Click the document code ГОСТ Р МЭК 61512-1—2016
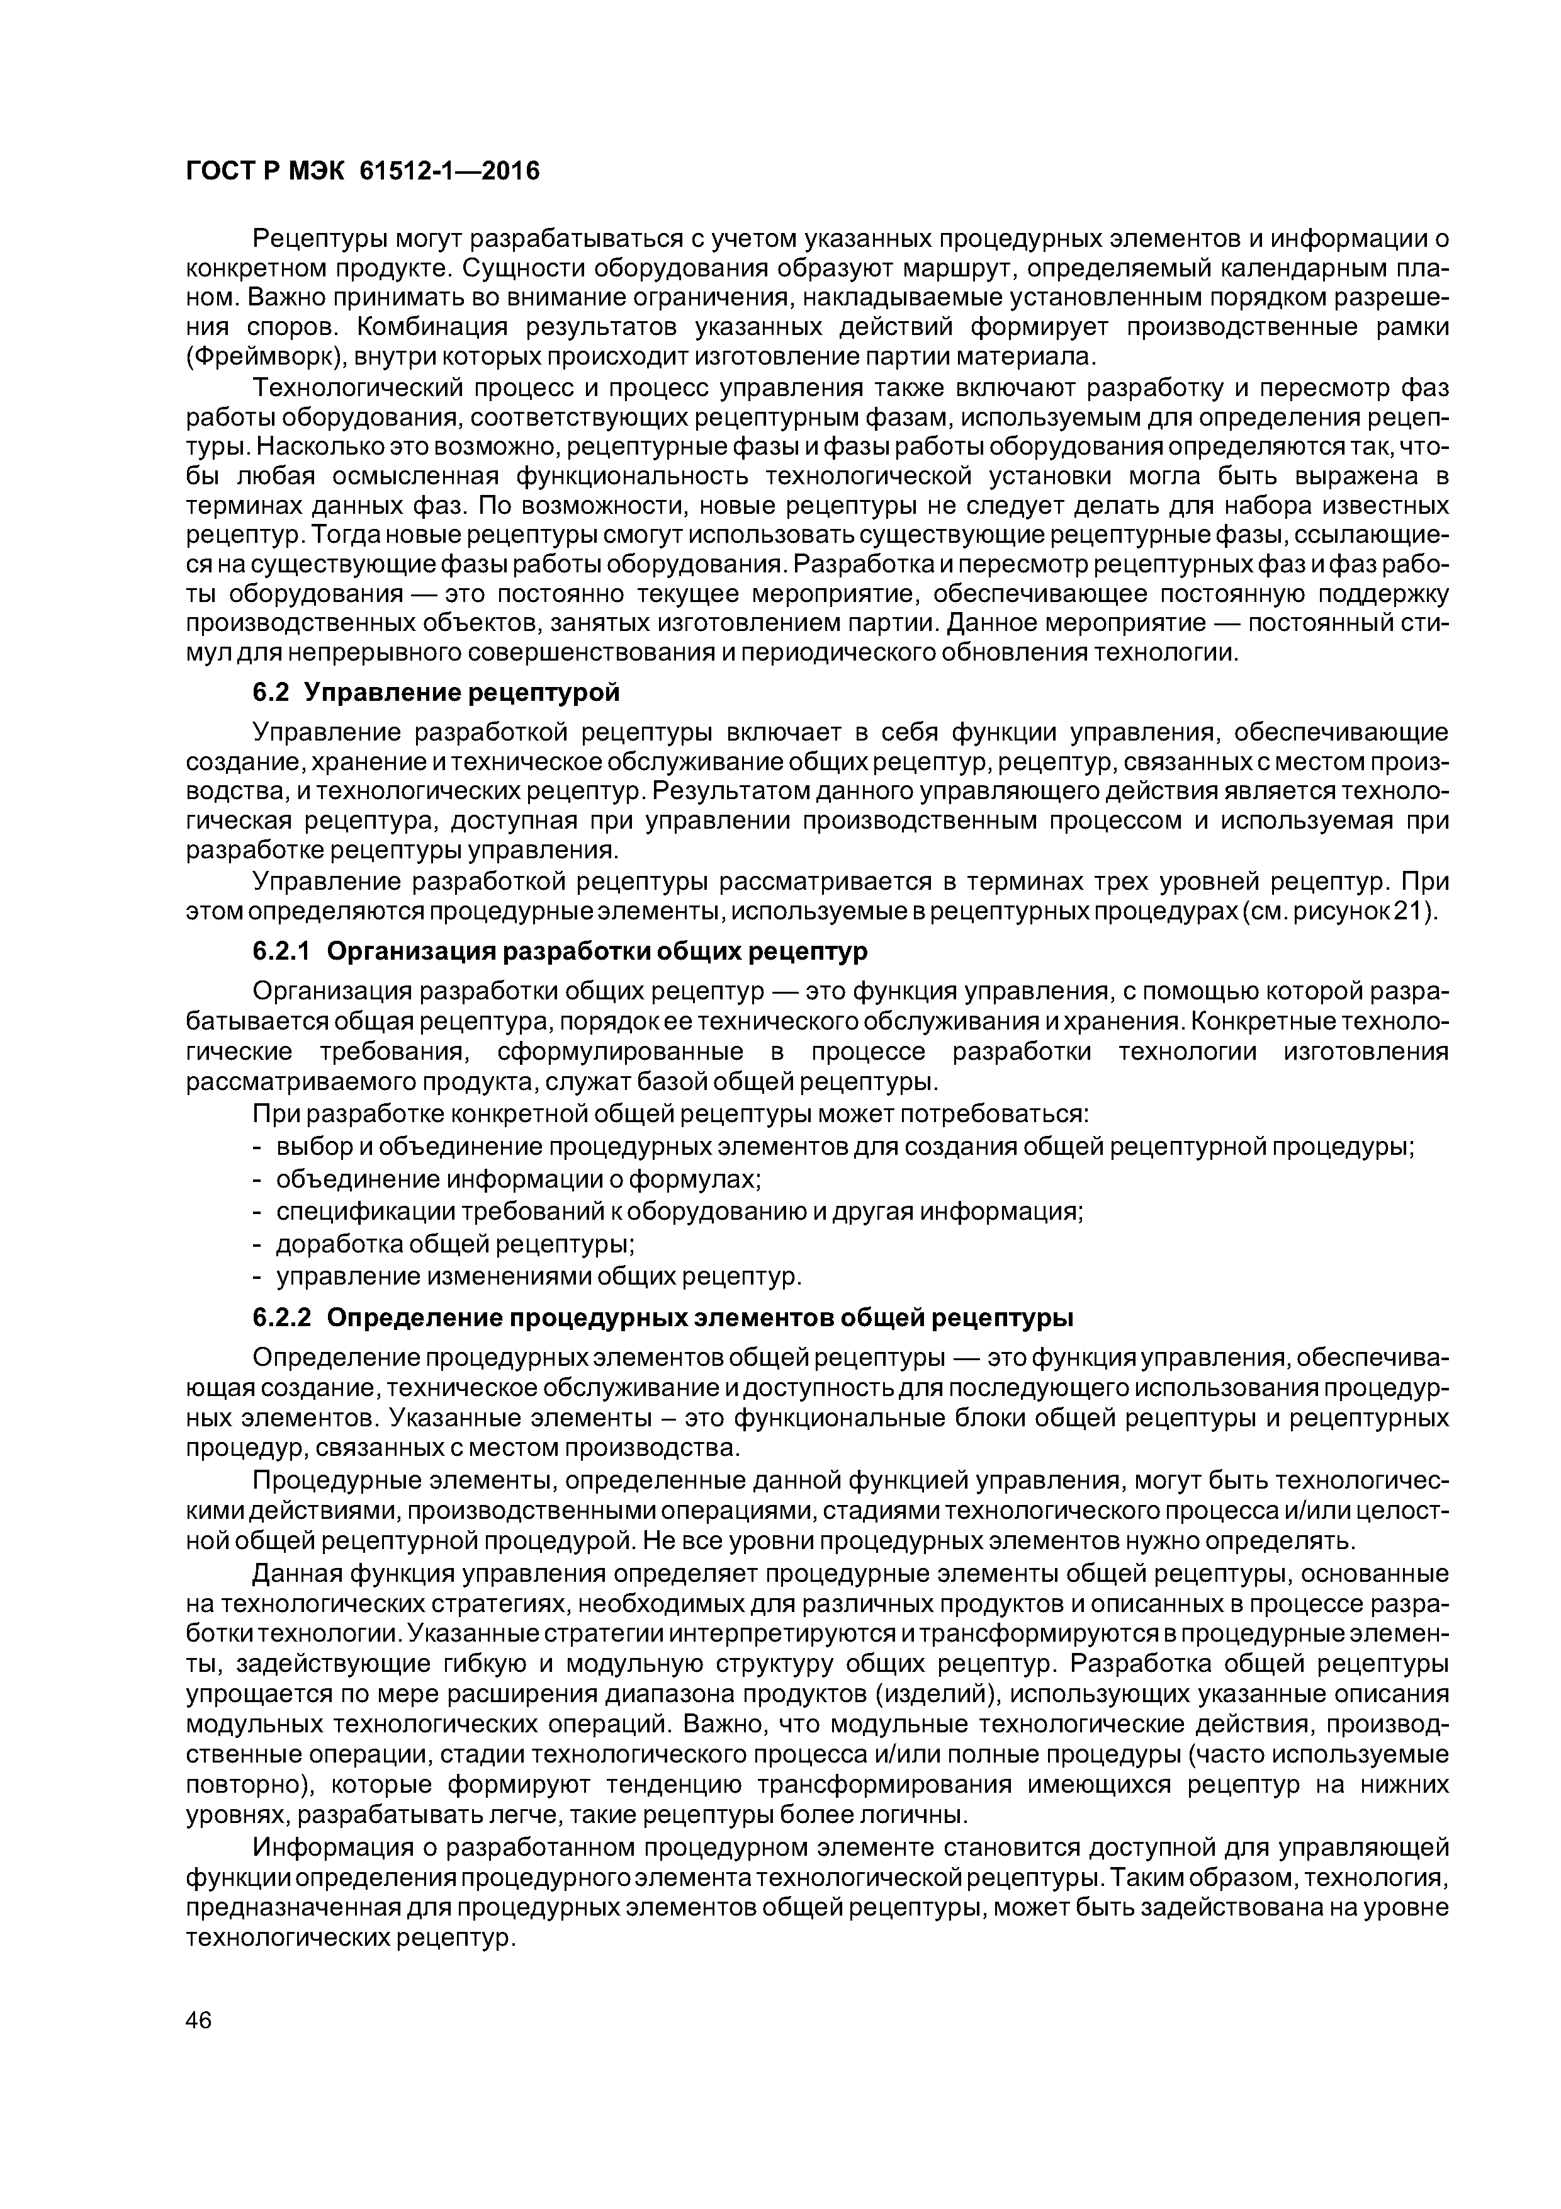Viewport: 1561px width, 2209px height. click(362, 171)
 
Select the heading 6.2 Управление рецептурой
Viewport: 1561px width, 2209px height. click(436, 693)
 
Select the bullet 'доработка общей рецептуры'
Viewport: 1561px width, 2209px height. click(455, 1244)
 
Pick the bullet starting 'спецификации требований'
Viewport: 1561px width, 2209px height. click(680, 1212)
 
